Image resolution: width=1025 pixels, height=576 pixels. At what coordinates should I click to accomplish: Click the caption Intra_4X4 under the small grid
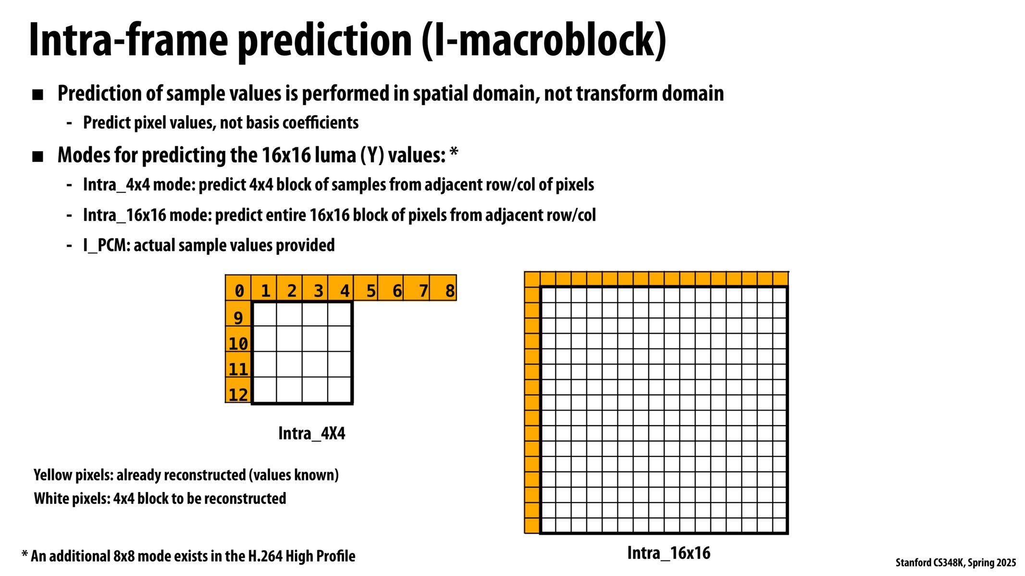311,433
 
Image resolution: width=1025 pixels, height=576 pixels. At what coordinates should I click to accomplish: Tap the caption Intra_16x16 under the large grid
668,553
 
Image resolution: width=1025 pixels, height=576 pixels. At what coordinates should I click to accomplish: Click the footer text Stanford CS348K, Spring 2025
955,563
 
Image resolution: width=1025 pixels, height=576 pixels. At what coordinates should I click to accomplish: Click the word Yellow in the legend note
53,475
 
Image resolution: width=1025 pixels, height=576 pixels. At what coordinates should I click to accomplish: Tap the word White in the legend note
52,499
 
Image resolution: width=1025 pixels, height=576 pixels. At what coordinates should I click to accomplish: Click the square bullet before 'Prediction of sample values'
37,95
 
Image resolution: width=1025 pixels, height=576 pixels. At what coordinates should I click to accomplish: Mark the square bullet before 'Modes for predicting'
37,156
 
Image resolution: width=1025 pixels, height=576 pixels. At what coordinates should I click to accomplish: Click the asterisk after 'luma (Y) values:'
453,153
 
